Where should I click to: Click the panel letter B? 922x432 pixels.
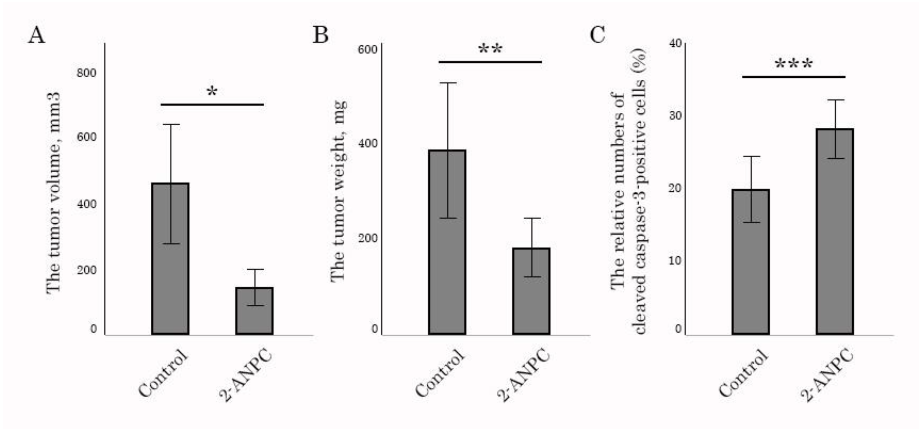320,36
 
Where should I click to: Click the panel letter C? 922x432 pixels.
597,36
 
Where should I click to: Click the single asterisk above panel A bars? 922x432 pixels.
212,92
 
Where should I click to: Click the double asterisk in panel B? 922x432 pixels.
490,49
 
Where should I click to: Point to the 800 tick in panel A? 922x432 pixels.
86,73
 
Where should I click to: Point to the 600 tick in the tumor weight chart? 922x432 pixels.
367,49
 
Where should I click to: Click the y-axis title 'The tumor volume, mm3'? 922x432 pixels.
53,193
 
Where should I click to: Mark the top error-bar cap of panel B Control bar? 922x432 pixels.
448,83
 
